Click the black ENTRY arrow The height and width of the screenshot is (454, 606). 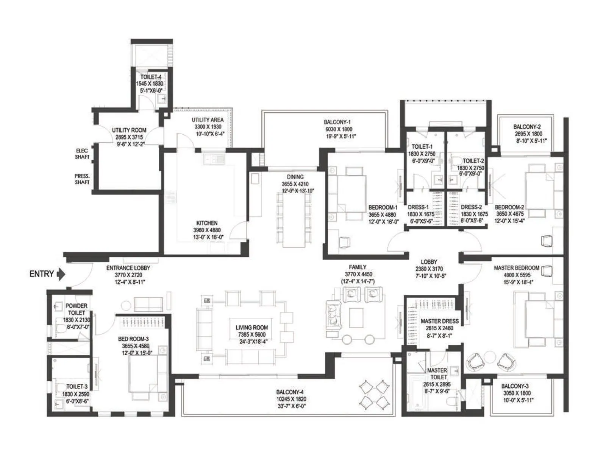(x=61, y=274)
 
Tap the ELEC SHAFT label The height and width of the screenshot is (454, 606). (x=82, y=154)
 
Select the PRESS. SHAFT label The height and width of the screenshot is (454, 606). (x=82, y=179)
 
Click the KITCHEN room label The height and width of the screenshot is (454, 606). (x=207, y=223)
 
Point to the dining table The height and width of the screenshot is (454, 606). (x=294, y=220)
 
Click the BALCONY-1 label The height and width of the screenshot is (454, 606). (x=337, y=122)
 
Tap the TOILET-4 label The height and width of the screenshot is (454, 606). (x=151, y=77)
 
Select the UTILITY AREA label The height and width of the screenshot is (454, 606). (x=208, y=120)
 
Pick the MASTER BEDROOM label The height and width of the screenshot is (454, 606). (x=517, y=268)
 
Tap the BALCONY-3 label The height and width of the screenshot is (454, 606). (x=515, y=386)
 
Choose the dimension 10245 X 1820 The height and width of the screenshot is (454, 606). (x=291, y=399)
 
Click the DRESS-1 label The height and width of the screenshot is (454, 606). (x=418, y=207)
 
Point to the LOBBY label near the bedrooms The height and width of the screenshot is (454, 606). (x=429, y=262)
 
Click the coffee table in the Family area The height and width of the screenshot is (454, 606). (x=356, y=317)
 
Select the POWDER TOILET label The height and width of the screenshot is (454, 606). (x=77, y=309)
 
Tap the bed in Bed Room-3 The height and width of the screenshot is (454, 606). (x=148, y=373)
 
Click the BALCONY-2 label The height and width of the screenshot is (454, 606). (x=527, y=127)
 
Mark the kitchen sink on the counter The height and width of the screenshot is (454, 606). (x=214, y=159)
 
